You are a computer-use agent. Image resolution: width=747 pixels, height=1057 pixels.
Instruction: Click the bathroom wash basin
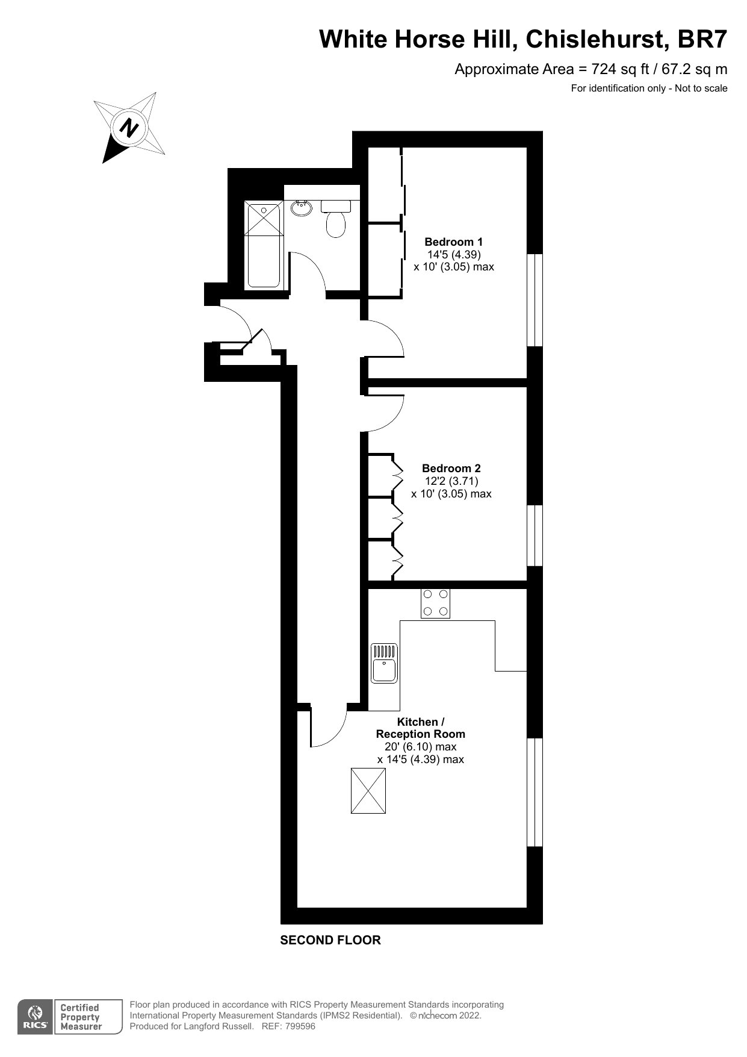coord(302,208)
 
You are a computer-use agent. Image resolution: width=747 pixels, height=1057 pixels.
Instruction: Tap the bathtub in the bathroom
coord(263,245)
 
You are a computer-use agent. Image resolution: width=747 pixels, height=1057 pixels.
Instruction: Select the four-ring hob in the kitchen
coord(435,603)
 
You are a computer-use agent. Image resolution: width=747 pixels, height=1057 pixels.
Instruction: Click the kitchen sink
coord(384,663)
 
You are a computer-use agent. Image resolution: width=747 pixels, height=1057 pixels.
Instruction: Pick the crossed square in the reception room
coord(368,791)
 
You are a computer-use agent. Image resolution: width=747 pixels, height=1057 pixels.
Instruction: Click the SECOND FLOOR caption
coord(330,940)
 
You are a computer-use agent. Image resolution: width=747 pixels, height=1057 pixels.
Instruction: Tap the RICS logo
coord(36,1017)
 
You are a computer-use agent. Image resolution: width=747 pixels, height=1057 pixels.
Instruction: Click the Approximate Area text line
coord(590,69)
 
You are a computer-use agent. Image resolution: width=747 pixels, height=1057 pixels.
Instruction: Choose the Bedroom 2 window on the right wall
coord(535,535)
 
